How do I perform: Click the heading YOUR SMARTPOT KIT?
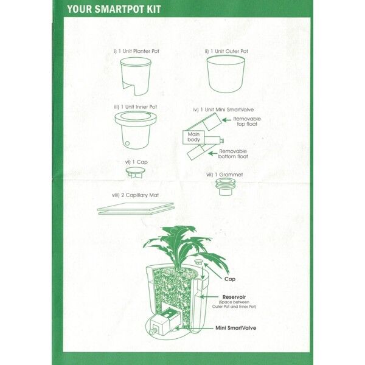tap(114, 9)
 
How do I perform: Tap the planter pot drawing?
tap(136, 77)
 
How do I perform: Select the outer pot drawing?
tap(226, 74)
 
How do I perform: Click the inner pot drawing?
tap(136, 130)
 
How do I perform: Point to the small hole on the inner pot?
tap(127, 144)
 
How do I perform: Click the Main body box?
tap(193, 137)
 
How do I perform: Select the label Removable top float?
tap(247, 121)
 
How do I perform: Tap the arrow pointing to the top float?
tap(226, 120)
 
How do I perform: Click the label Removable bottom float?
tap(233, 154)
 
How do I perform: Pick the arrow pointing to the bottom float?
tap(213, 153)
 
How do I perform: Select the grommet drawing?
tap(225, 187)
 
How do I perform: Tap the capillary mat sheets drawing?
tap(136, 209)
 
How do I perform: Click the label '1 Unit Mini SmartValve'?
tap(227, 109)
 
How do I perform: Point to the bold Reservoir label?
tap(234, 297)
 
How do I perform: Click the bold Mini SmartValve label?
tap(236, 328)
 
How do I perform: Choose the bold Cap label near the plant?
tap(230, 279)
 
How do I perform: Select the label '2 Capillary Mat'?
tap(140, 195)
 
